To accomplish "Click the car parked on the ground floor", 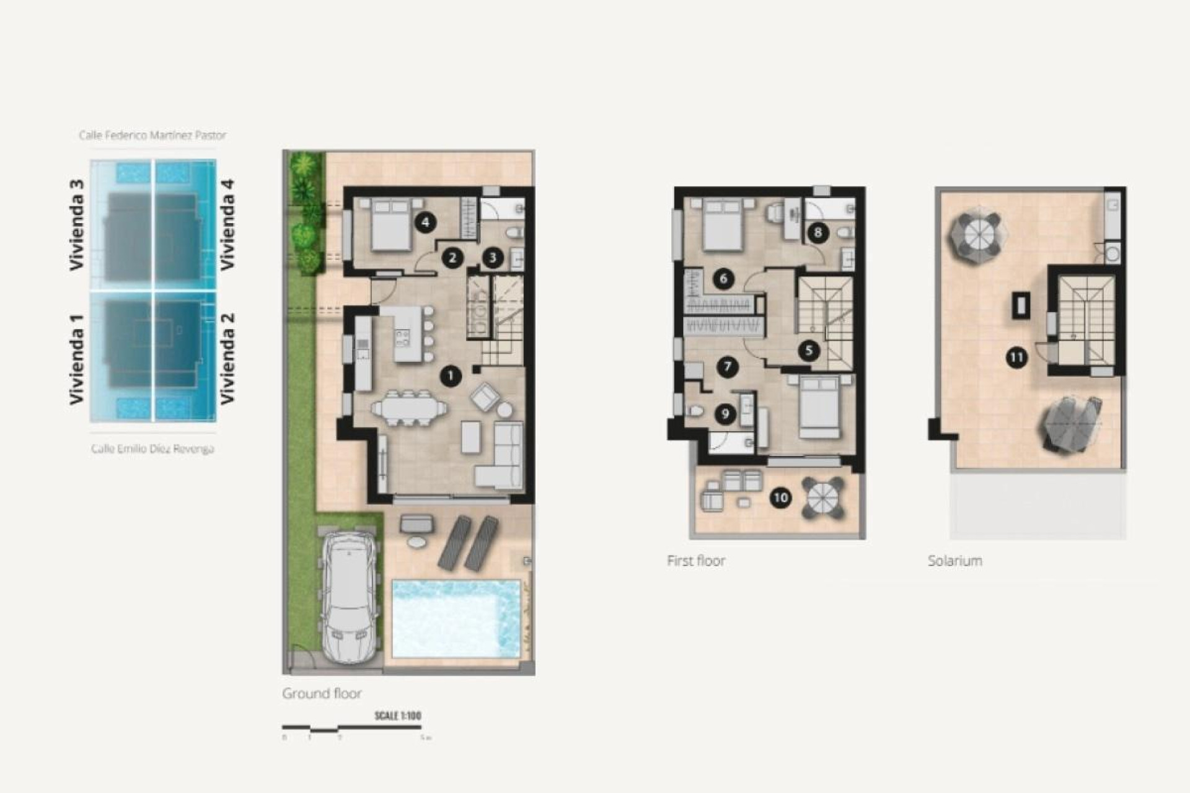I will (350, 598).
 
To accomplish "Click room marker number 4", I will (425, 222).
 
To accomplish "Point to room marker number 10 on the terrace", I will (780, 497).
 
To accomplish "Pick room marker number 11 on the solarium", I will (1016, 357).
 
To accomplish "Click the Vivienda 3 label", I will (76, 224).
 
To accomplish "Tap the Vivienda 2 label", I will (227, 358).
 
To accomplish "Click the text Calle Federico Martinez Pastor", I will (152, 134).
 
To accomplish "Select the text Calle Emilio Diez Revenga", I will (152, 449).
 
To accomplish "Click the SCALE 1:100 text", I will (397, 716).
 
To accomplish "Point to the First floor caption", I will (695, 561).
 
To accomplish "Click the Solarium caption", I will (954, 561).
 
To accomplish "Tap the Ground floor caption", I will (322, 693).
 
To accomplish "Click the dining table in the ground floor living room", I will (408, 409).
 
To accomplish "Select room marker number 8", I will (818, 233).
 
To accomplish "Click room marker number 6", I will (723, 279).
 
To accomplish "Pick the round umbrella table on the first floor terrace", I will (823, 497).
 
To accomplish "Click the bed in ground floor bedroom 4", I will (390, 225).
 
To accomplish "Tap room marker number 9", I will (725, 414).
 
